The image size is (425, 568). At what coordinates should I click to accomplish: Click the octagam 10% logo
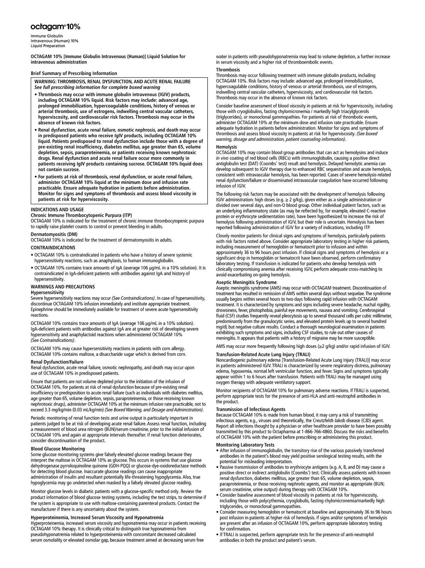(55, 27)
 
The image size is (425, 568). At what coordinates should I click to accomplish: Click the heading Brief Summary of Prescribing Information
(74, 74)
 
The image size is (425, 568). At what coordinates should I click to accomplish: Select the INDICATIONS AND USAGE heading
(57, 210)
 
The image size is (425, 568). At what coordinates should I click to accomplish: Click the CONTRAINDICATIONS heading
(53, 248)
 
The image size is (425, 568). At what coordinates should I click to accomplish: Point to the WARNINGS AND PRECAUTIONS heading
(63, 287)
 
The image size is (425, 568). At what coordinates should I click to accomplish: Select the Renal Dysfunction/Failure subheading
(57, 362)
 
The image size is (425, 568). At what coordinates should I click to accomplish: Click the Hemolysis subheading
(227, 147)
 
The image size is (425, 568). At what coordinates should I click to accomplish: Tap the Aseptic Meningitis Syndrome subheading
(246, 282)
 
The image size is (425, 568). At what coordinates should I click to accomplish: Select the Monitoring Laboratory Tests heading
(245, 445)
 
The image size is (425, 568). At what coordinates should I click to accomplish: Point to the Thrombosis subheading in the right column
(228, 70)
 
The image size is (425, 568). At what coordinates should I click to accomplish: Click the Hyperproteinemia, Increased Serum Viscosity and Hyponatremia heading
(97, 517)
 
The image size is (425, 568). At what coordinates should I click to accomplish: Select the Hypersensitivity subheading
(47, 292)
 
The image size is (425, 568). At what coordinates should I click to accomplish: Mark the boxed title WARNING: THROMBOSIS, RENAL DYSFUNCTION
(112, 82)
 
